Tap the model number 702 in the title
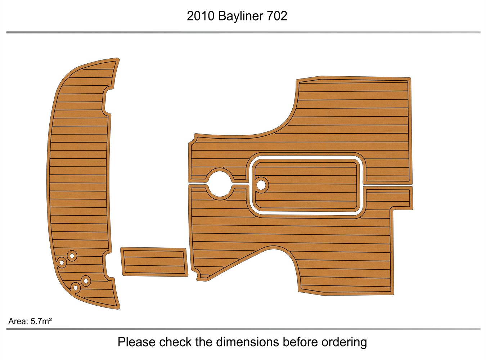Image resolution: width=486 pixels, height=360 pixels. pos(277,16)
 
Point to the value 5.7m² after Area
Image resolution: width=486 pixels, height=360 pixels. pos(41,321)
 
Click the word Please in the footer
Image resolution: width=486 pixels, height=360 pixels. pos(136,342)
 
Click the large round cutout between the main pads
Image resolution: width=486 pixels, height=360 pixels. pos(220,184)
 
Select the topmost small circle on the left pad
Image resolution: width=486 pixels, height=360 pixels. pos(72,256)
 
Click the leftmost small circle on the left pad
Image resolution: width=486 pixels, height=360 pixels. pos(62,262)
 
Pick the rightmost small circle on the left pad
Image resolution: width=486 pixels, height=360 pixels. pos(86,281)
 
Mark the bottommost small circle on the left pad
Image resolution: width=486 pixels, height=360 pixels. pos(76,288)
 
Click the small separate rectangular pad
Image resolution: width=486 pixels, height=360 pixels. pos(154,262)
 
